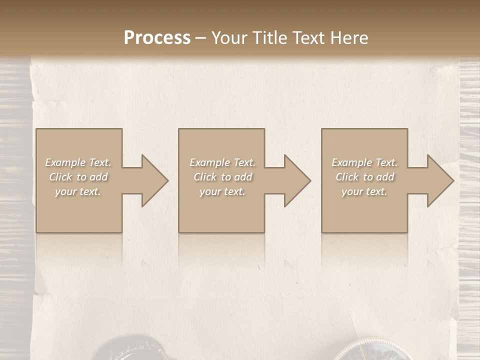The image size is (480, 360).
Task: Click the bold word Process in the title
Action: (x=157, y=38)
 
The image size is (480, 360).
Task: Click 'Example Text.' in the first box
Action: (x=78, y=162)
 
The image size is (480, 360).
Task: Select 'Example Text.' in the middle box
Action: (x=222, y=162)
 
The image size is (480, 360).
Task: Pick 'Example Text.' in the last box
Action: (x=364, y=162)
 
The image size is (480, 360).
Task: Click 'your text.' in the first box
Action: (x=78, y=191)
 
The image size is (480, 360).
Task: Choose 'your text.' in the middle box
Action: (x=222, y=191)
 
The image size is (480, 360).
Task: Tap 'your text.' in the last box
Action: (x=364, y=191)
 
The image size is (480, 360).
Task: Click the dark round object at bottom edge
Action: (x=125, y=350)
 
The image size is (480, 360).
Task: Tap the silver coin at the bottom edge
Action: (x=372, y=352)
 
